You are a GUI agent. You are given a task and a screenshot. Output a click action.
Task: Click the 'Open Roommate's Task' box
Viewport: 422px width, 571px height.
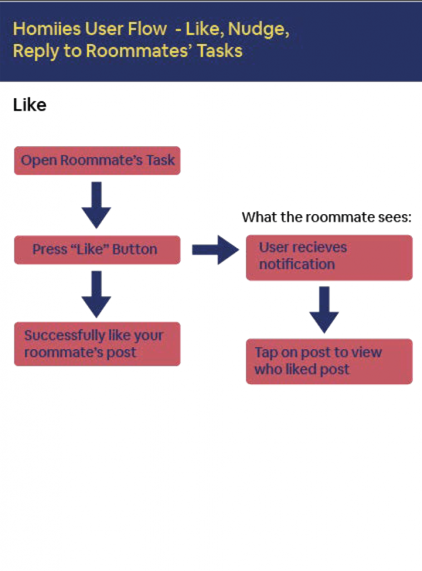tap(97, 161)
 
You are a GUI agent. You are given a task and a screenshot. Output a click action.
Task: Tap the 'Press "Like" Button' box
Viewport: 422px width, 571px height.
tap(97, 250)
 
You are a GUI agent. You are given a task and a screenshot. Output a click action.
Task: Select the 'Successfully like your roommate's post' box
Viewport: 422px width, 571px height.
tap(97, 343)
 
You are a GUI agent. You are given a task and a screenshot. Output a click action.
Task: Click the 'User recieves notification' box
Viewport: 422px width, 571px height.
tap(330, 258)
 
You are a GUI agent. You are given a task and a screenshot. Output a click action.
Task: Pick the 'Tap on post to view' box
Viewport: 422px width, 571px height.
tap(330, 361)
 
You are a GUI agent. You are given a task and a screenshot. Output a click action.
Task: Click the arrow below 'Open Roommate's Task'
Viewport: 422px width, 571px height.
tap(96, 205)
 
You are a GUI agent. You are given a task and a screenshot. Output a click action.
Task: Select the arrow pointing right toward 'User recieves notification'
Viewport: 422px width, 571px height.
tap(215, 250)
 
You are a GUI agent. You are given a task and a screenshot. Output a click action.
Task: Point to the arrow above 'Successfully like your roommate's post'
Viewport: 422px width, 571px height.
tap(96, 294)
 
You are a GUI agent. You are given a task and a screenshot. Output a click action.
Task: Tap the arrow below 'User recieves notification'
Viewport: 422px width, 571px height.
tap(324, 309)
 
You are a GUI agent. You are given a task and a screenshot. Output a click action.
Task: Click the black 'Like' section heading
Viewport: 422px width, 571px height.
tap(30, 105)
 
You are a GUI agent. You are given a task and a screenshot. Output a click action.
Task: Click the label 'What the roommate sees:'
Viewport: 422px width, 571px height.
tap(327, 217)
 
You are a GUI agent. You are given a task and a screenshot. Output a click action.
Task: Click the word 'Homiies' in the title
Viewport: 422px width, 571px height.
tap(47, 29)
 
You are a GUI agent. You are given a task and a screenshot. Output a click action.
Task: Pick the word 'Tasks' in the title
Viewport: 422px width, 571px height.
tap(220, 51)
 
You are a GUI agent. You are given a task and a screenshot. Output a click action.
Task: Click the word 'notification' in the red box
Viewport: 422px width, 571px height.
tap(297, 264)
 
